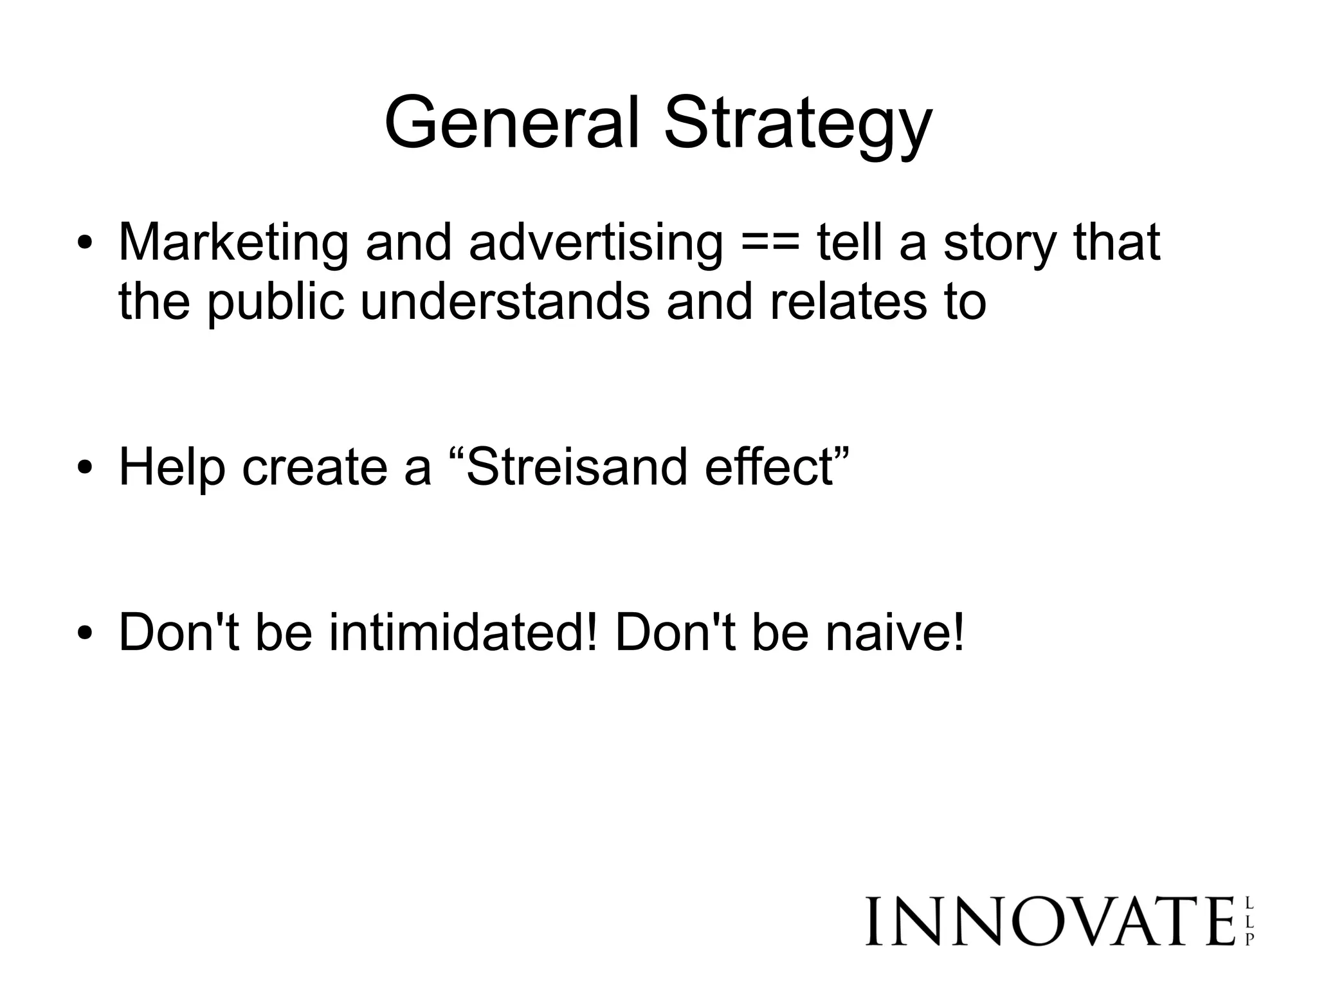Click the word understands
click(505, 302)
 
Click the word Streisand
click(576, 467)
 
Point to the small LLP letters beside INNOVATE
click(1249, 921)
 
